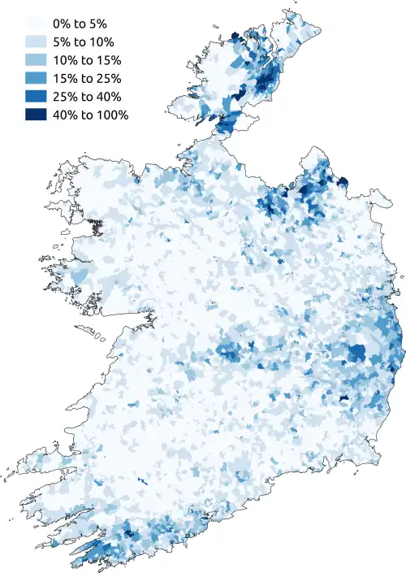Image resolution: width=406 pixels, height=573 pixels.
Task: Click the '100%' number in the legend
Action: [113, 115]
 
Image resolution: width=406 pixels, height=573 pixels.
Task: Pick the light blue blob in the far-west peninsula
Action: [78, 278]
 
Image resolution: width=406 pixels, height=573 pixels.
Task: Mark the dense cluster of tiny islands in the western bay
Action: [96, 225]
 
